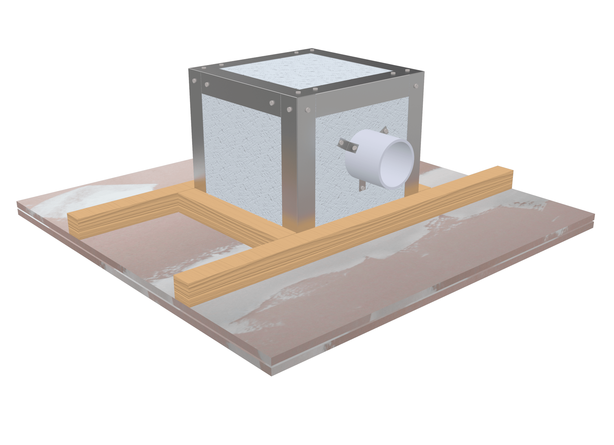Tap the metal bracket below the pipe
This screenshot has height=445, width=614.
click(363, 186)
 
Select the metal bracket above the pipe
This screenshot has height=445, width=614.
click(385, 130)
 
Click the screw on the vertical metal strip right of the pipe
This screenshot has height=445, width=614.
click(416, 86)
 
